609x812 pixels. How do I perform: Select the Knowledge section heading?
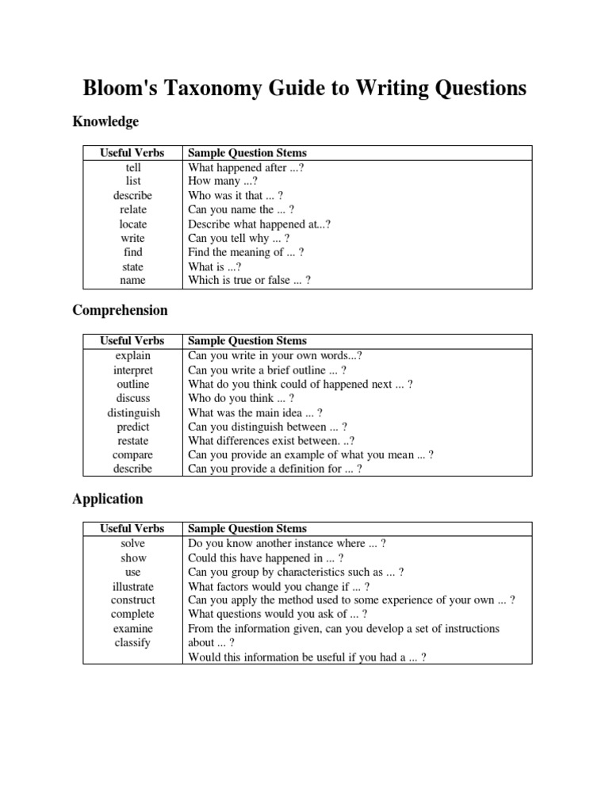[x=105, y=121]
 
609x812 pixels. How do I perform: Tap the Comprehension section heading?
[x=120, y=310]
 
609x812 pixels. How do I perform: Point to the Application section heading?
[x=108, y=499]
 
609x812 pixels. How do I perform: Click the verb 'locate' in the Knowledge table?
[x=133, y=224]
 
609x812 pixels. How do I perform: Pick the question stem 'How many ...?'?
[x=223, y=182]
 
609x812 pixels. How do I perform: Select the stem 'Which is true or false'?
[x=249, y=281]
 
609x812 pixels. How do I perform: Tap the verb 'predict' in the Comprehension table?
[x=133, y=427]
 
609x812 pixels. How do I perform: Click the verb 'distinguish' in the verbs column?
[x=133, y=412]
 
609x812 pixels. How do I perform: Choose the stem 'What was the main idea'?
[x=255, y=412]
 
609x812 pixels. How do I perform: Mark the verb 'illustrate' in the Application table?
[x=133, y=587]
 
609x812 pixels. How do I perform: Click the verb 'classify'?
[x=133, y=643]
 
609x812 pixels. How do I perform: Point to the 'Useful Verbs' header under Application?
[x=132, y=528]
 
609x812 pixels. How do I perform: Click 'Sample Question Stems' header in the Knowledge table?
[x=247, y=153]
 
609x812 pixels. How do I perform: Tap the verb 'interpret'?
[x=133, y=370]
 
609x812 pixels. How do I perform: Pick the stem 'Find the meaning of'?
[x=246, y=252]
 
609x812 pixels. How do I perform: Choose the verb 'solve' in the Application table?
[x=133, y=544]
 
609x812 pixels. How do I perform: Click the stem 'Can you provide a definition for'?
[x=274, y=469]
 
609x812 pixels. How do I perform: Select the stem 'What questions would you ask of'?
[x=278, y=614]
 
